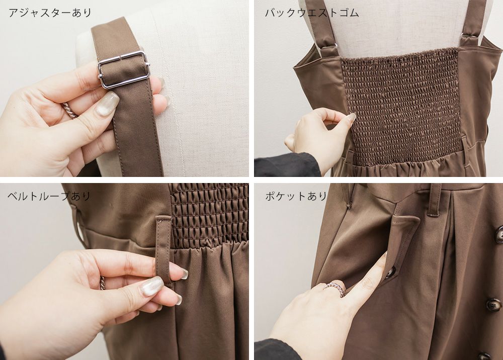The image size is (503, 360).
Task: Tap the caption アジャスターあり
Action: coord(50,13)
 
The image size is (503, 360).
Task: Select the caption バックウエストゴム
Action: coord(311,13)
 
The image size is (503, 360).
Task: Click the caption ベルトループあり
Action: coord(49,196)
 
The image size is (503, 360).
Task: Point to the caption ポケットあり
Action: coord(296,196)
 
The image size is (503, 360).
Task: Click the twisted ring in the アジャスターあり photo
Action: coord(69,110)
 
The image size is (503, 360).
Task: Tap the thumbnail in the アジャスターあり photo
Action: coord(107,103)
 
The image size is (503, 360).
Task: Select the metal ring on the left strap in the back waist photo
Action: coord(328,49)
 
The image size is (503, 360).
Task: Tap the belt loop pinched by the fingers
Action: coord(164,250)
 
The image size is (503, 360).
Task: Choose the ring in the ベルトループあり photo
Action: coord(102,283)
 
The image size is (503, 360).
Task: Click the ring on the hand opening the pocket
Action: coord(334,289)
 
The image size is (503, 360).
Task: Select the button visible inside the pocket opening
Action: coord(390,273)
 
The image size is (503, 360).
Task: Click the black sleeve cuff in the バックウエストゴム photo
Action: coord(288,165)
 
